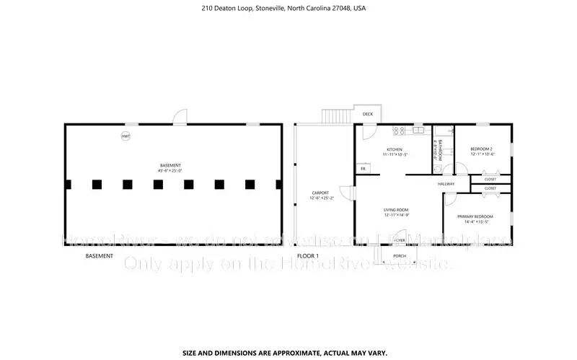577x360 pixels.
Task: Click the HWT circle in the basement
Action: [125, 136]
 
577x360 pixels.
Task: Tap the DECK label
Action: [368, 114]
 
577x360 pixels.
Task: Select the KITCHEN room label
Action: [394, 149]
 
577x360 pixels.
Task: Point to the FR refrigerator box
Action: [364, 168]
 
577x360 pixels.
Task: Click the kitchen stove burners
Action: [399, 131]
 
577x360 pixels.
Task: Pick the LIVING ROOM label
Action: [396, 210]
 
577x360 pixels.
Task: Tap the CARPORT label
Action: [320, 193]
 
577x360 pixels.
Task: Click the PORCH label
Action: [399, 256]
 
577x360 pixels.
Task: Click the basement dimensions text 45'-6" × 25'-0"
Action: [170, 170]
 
